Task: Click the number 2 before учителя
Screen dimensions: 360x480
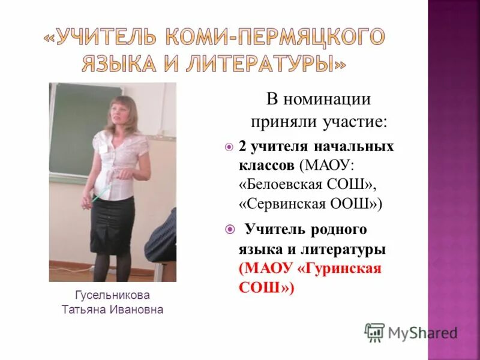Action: tap(242, 146)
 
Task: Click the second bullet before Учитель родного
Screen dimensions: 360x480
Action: tap(228, 229)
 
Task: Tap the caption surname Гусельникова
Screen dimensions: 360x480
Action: tap(112, 295)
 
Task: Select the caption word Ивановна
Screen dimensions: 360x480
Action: tap(136, 310)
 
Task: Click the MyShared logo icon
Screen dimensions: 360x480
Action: tap(374, 332)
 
